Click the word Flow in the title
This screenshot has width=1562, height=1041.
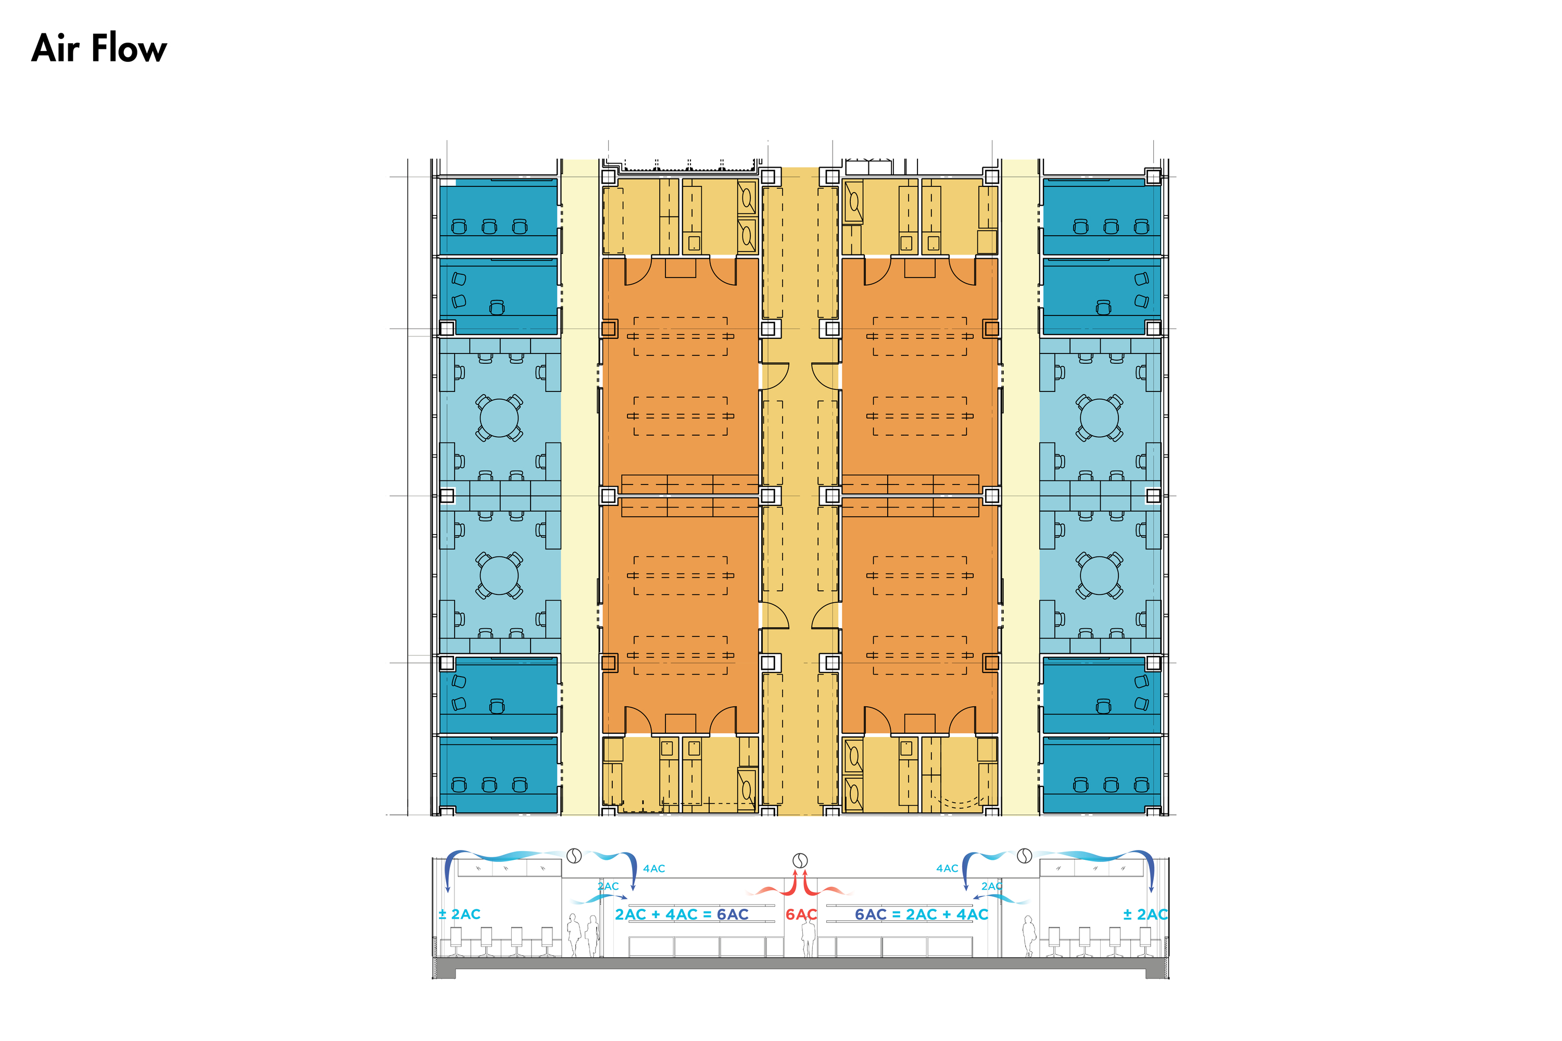click(x=129, y=48)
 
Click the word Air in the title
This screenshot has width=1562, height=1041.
click(x=56, y=48)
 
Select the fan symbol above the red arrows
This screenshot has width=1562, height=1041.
click(x=801, y=860)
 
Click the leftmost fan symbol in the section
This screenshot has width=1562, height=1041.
click(x=574, y=856)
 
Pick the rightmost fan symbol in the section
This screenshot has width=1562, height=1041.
click(x=1025, y=856)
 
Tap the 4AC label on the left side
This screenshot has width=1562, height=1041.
click(x=654, y=868)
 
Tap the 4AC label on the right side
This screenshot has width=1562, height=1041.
click(x=947, y=868)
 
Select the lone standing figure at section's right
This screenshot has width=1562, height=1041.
click(x=1029, y=936)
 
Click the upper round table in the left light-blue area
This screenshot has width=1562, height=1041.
click(x=499, y=417)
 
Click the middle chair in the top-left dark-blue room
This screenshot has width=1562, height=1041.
click(x=489, y=226)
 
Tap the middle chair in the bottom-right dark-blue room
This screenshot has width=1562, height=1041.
click(x=1111, y=785)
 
